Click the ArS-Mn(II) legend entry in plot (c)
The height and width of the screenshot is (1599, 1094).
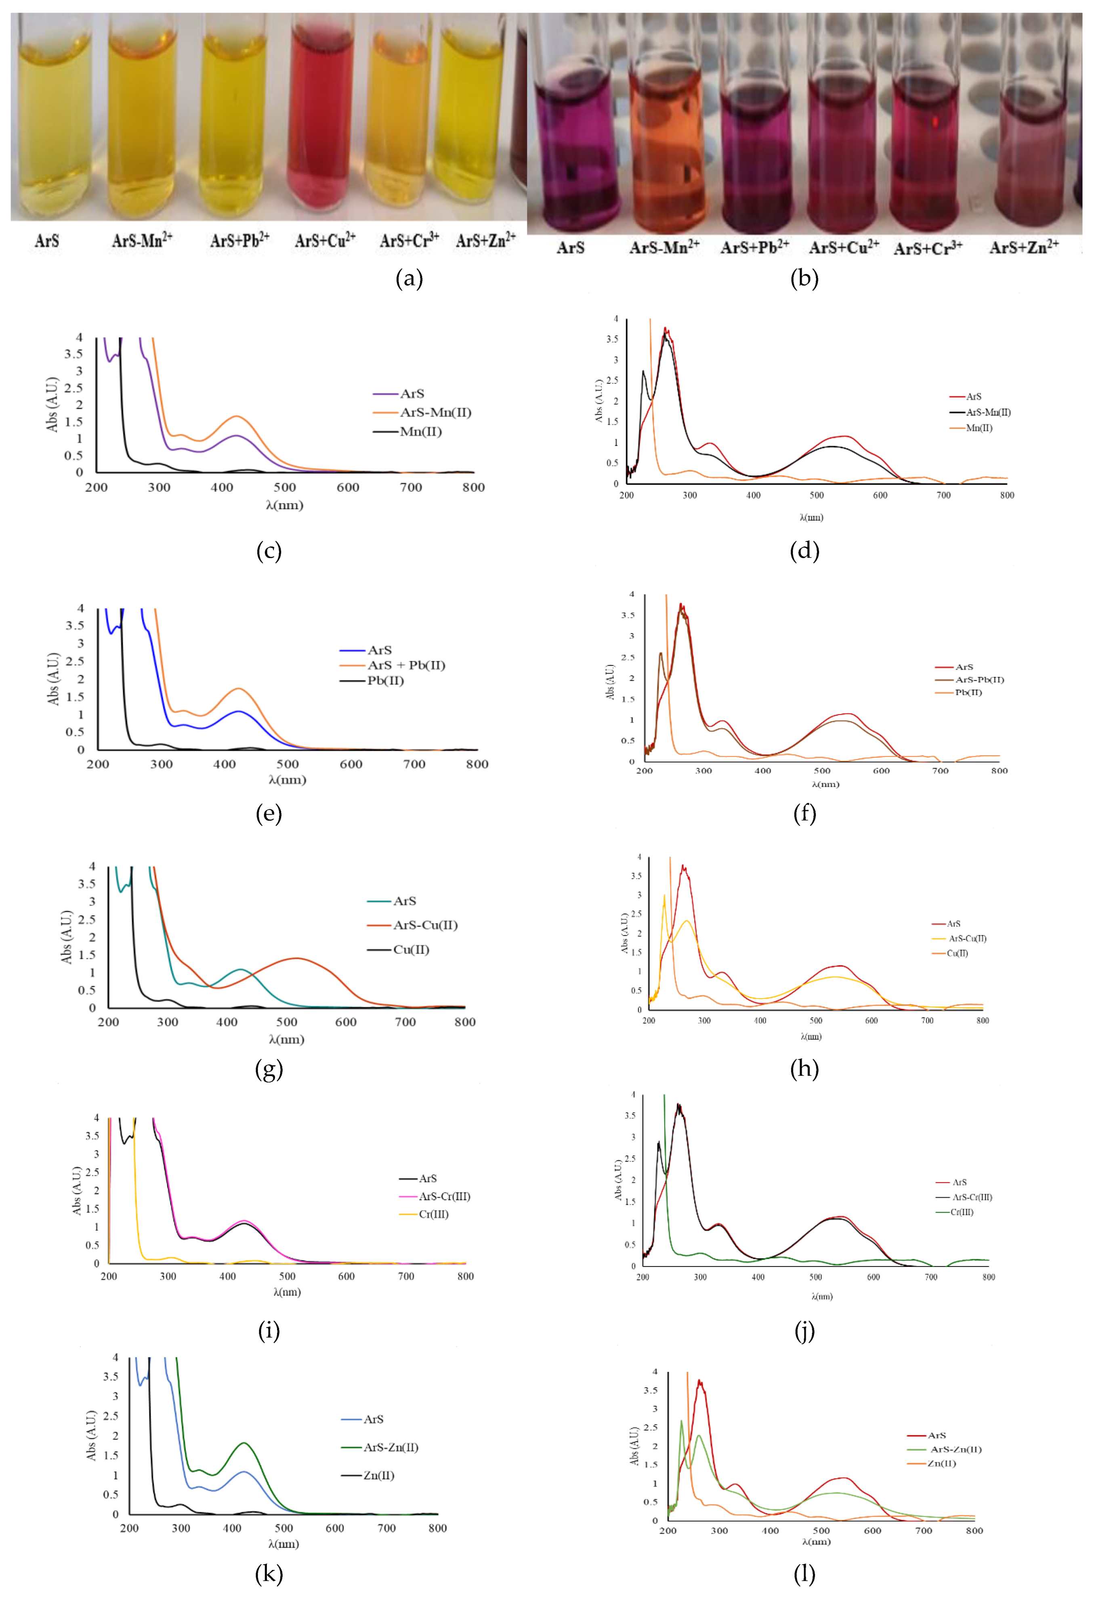(435, 412)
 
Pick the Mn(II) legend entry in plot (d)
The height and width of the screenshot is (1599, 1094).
(979, 428)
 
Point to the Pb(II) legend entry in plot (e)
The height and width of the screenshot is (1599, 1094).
(384, 680)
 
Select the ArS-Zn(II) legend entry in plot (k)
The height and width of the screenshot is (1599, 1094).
(391, 1447)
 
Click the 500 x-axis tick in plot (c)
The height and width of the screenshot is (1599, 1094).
(285, 487)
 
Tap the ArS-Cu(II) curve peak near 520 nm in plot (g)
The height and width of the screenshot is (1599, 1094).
(296, 958)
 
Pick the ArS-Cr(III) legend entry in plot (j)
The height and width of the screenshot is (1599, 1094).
(972, 1197)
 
